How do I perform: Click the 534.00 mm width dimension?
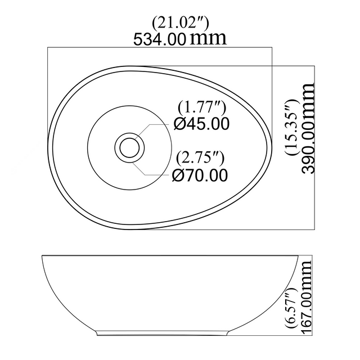click(x=179, y=39)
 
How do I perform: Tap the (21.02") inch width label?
click(x=181, y=23)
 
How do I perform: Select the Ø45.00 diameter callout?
click(x=201, y=123)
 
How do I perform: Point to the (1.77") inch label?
click(x=201, y=107)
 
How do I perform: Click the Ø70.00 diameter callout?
click(x=200, y=175)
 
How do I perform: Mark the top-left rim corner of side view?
click(x=44, y=257)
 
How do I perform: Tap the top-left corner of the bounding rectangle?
click(x=48, y=48)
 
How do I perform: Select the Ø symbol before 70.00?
click(x=178, y=175)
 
